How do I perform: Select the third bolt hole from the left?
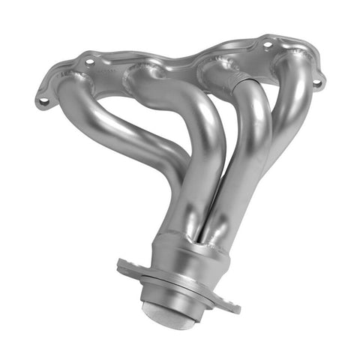click(x=267, y=44)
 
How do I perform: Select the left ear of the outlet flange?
click(x=126, y=267)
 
